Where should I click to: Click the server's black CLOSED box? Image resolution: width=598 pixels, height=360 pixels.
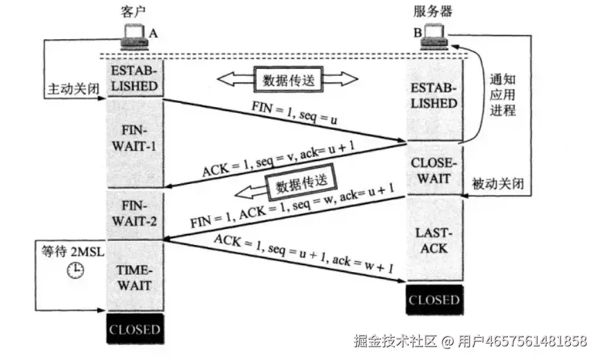click(433, 300)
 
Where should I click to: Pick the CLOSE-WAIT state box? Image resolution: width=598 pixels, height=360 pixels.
click(434, 170)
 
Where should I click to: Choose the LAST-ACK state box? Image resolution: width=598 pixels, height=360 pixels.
click(434, 240)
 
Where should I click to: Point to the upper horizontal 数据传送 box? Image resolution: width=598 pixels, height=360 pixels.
click(289, 79)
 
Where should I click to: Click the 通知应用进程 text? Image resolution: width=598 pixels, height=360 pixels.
click(502, 94)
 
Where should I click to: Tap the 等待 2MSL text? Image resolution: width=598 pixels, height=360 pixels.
click(68, 251)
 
